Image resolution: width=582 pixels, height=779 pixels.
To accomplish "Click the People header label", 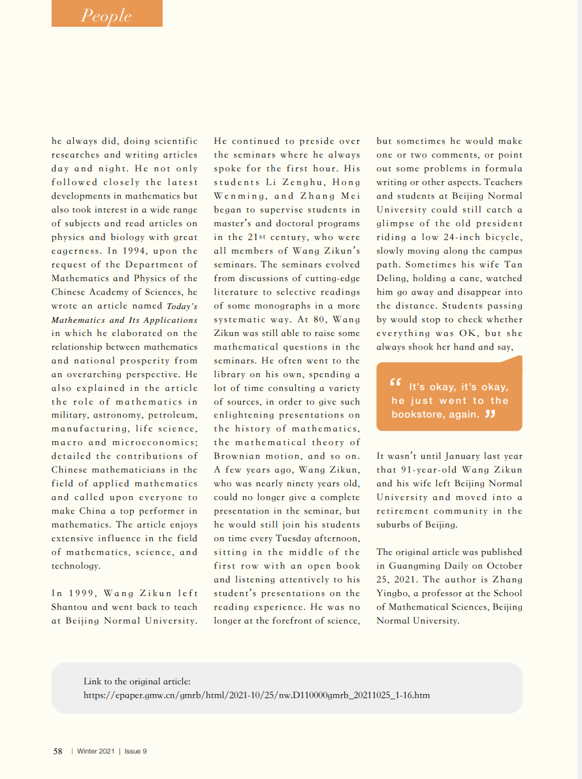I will [x=106, y=16].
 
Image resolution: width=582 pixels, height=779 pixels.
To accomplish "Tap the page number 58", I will [x=57, y=752].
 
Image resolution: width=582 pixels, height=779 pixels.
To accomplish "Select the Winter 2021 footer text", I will [x=95, y=752].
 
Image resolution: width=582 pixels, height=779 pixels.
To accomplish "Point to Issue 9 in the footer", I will [x=136, y=752].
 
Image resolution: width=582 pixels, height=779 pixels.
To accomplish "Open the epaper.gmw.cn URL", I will [x=257, y=695].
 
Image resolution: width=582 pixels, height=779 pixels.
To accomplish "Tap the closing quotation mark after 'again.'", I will [x=490, y=414].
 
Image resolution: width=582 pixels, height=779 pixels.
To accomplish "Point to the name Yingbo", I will [x=395, y=593].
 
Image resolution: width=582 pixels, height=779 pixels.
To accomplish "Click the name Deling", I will [x=395, y=278].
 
